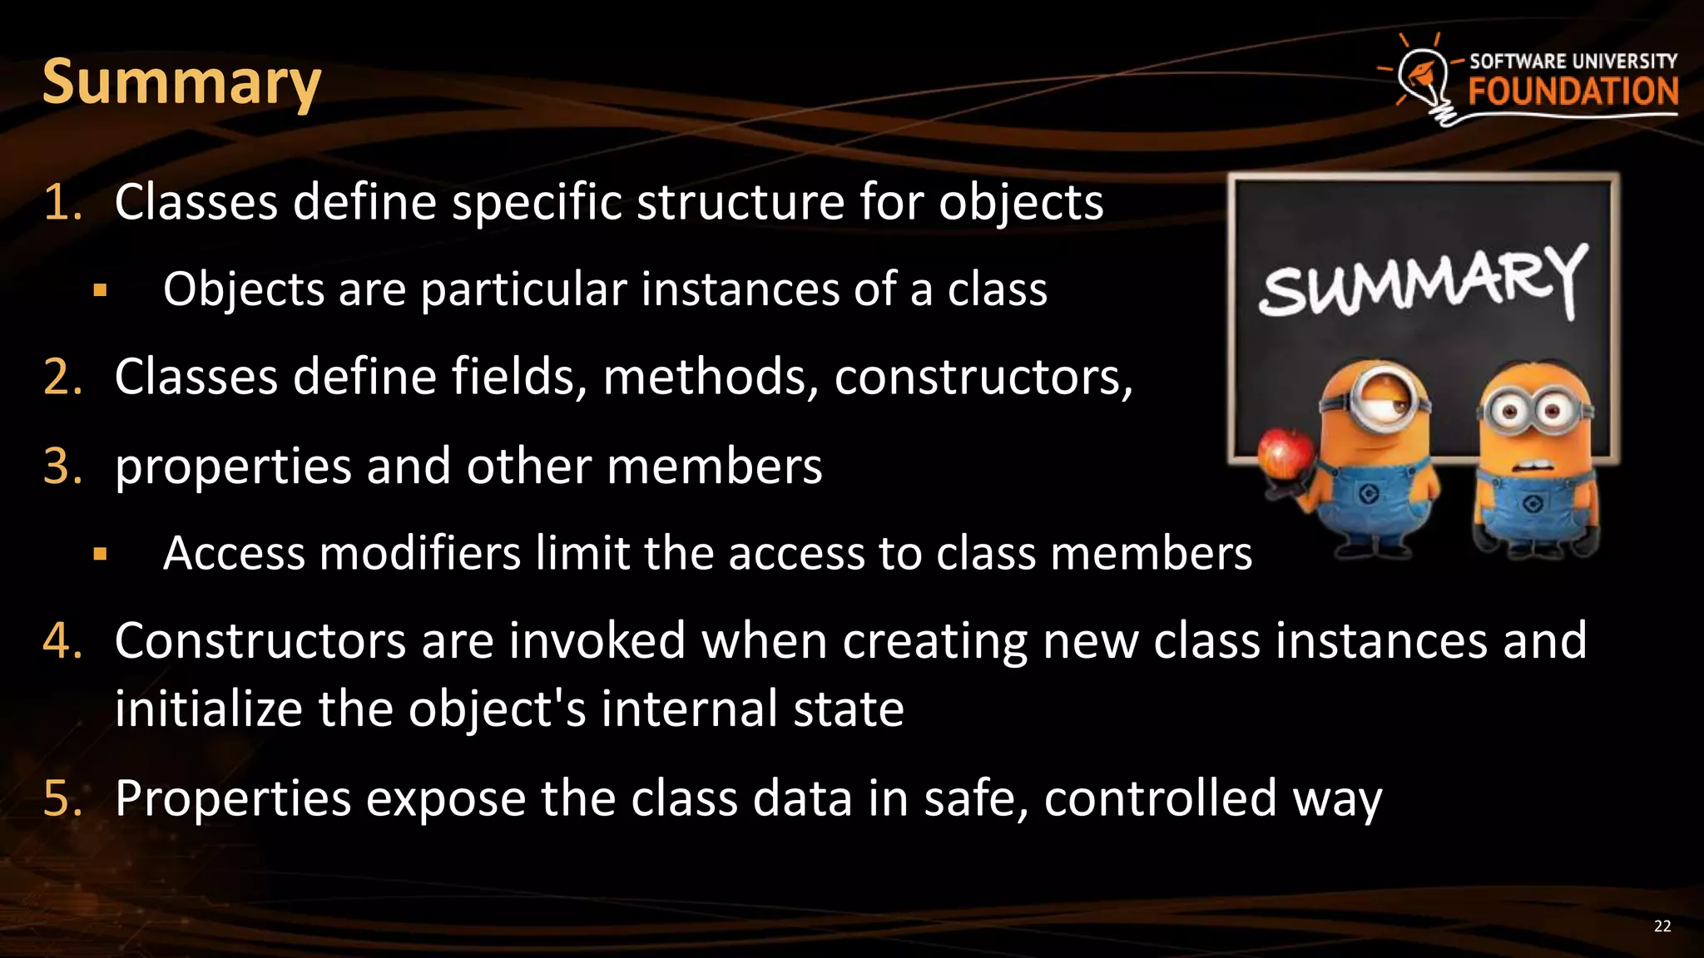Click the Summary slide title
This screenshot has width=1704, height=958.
(x=181, y=82)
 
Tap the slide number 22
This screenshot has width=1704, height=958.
(x=1662, y=926)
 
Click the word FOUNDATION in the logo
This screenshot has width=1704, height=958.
(x=1573, y=91)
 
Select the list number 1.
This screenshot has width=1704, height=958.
(x=62, y=203)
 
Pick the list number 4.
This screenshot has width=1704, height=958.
(x=62, y=641)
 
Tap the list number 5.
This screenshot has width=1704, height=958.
(x=62, y=798)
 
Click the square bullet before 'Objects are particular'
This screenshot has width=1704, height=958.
(x=101, y=291)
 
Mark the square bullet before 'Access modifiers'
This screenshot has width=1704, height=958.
(x=101, y=555)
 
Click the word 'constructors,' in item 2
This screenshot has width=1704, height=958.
(x=983, y=378)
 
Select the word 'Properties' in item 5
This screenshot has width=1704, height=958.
(x=233, y=798)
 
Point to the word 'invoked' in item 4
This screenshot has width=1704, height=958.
(x=597, y=641)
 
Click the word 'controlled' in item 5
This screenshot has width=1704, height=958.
(x=1160, y=798)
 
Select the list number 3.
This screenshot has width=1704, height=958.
(x=62, y=466)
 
